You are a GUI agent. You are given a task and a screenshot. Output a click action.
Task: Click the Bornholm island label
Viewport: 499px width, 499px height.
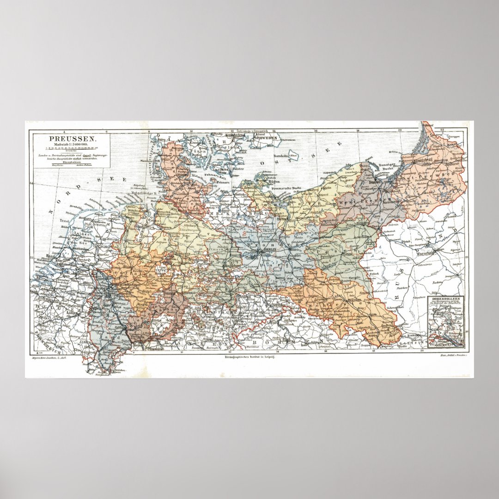(281, 156)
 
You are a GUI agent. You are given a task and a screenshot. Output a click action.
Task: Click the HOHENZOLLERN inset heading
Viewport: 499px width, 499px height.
(445, 299)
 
